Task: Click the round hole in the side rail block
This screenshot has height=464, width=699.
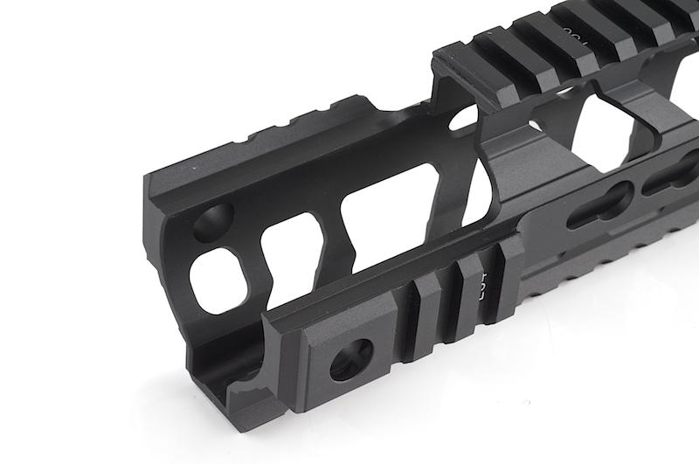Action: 352,357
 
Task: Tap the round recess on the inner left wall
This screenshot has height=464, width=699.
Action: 212,221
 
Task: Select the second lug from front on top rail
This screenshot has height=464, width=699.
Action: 524,39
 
